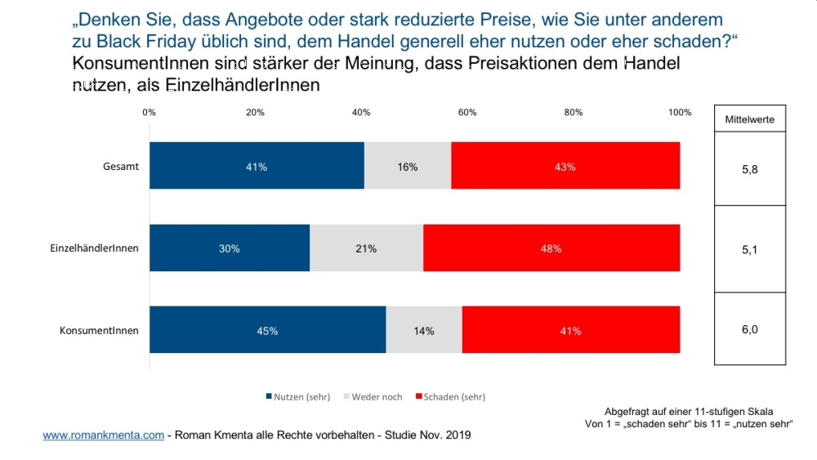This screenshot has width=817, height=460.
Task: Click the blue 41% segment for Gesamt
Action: [257, 167]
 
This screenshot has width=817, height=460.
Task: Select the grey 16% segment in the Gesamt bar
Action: [408, 167]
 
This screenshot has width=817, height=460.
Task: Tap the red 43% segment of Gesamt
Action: [565, 167]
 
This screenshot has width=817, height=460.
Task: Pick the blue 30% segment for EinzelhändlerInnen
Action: [230, 248]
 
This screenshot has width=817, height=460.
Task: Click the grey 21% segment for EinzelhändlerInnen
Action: [366, 248]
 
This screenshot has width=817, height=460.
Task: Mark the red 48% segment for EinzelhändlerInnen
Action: [551, 248]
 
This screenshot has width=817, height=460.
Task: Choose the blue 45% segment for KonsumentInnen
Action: [267, 331]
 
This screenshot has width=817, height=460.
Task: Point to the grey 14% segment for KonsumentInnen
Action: [424, 331]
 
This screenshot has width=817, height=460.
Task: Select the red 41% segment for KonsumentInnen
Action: [570, 331]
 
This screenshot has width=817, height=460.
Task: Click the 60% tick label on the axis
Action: [467, 113]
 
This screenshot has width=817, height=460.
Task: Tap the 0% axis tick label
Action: [149, 113]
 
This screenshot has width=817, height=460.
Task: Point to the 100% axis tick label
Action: [680, 113]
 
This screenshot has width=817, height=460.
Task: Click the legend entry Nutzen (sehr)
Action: [298, 397]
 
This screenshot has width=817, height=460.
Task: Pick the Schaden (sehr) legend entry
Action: [451, 397]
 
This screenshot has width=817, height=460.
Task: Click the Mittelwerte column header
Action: [750, 119]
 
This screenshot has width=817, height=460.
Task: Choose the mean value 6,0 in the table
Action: [750, 329]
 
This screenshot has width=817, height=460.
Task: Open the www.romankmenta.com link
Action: [103, 435]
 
